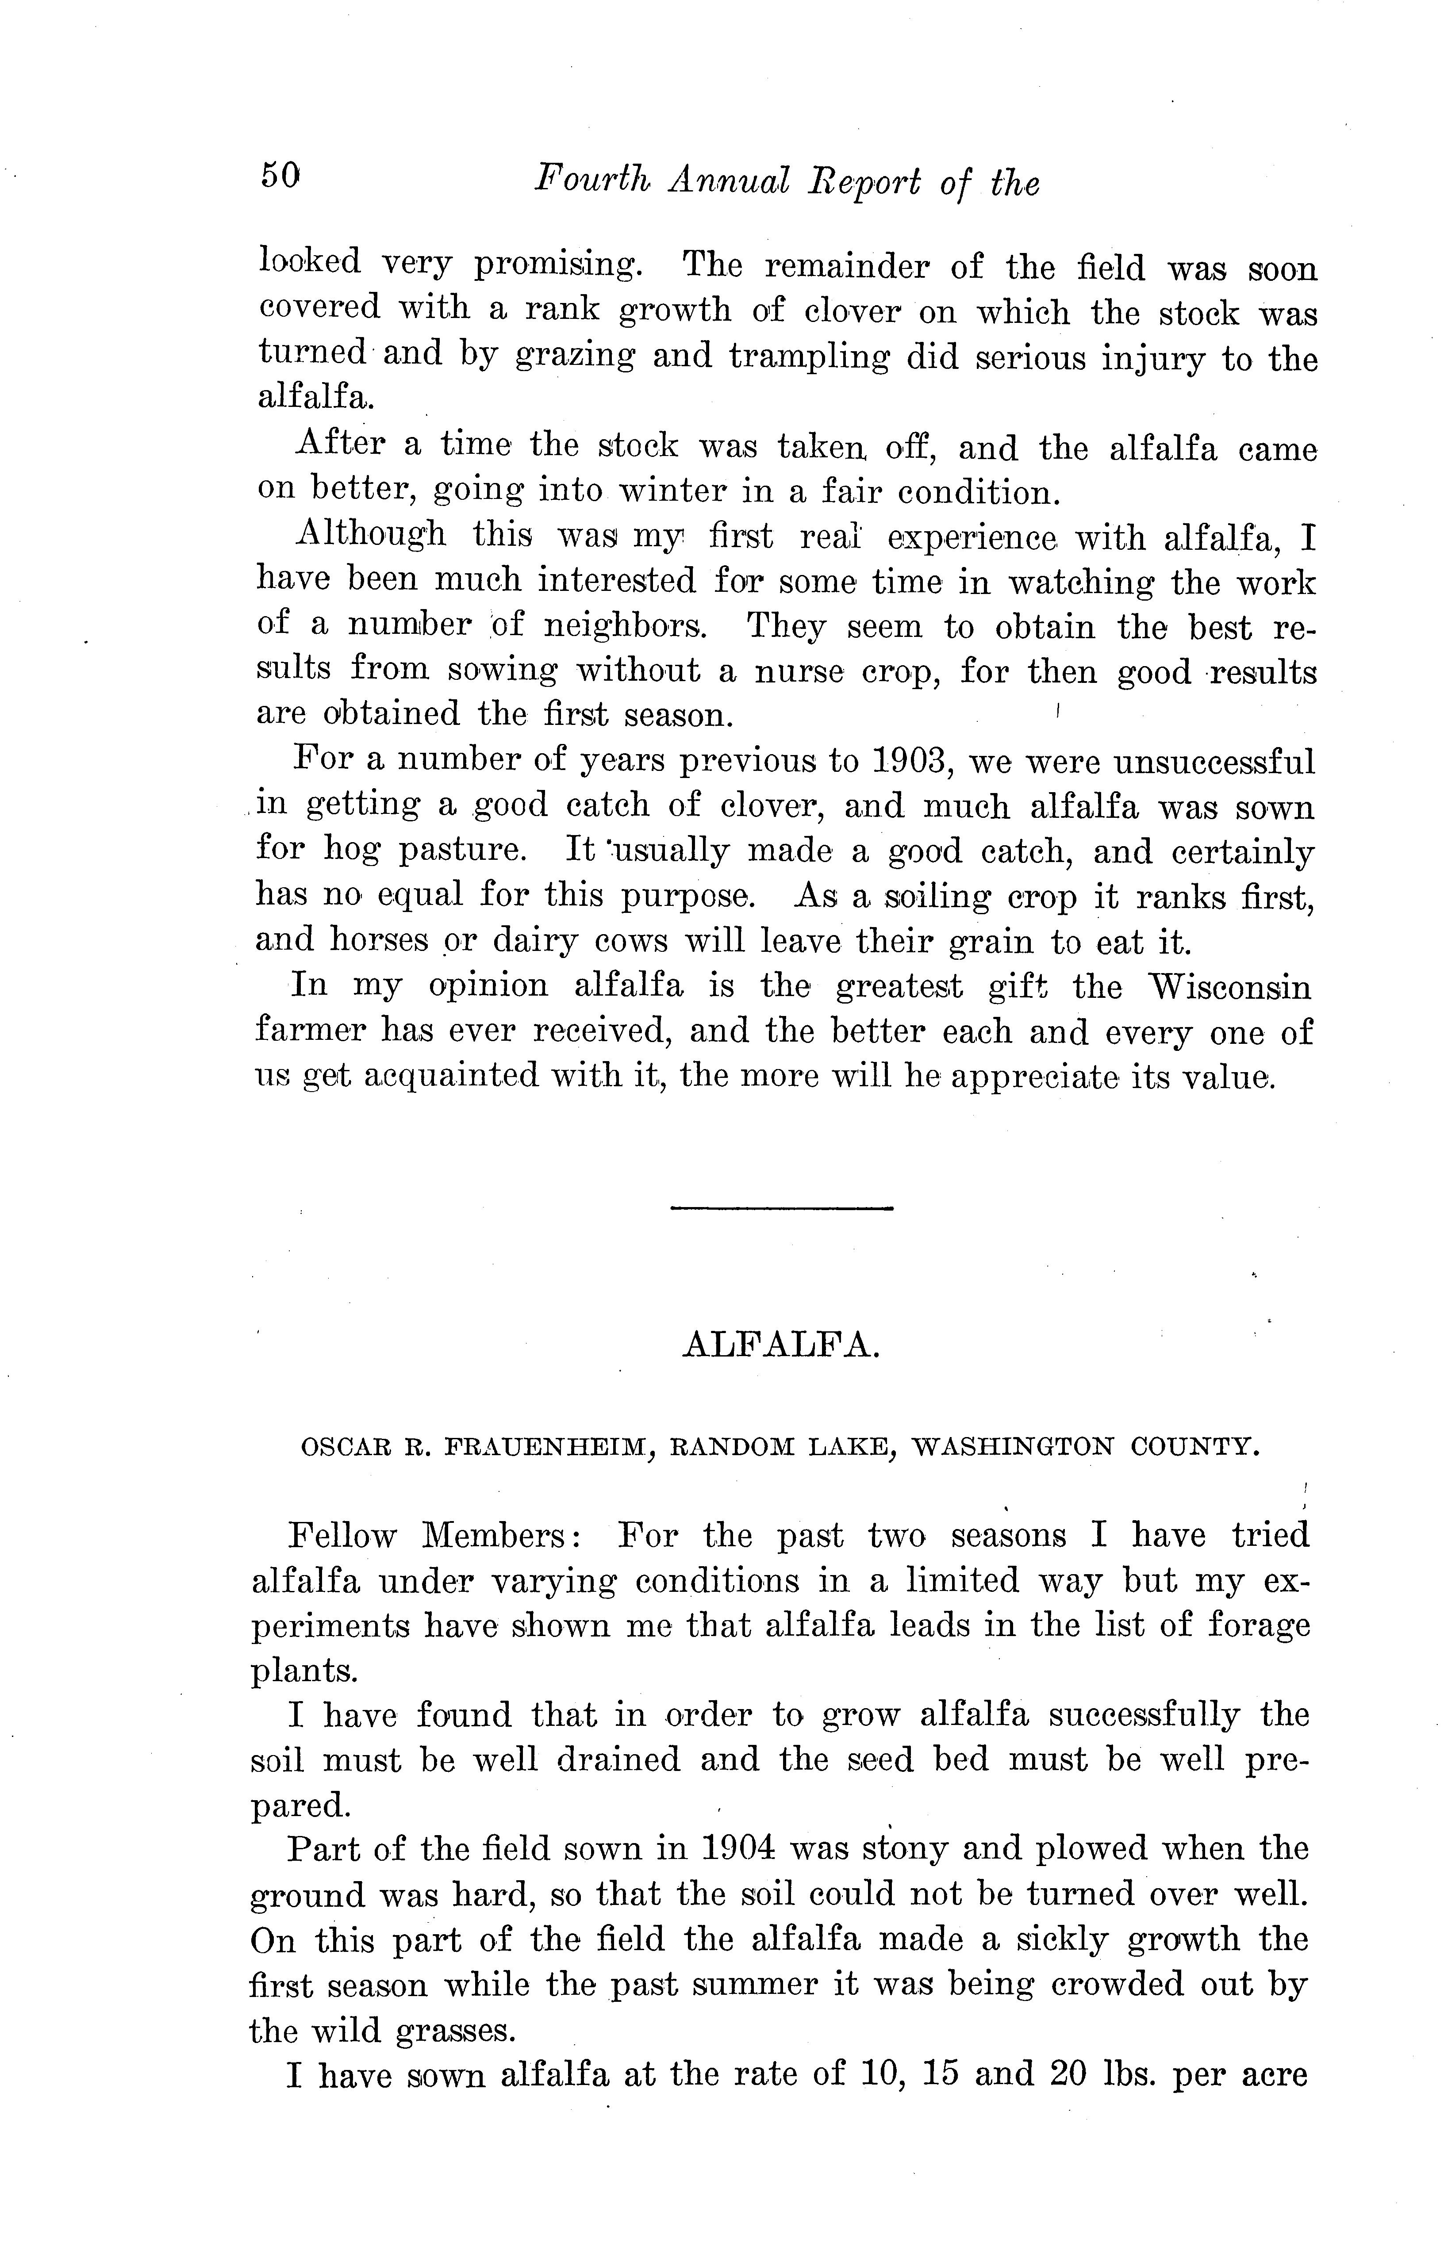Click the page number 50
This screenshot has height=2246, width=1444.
280,175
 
